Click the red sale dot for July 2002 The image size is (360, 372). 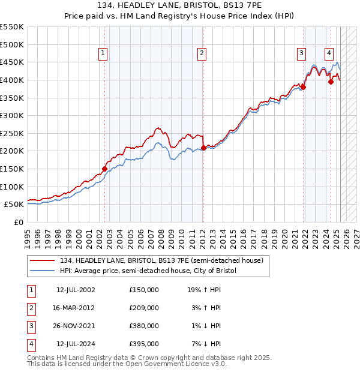pyautogui.click(x=104, y=169)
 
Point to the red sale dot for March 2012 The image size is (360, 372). pyautogui.click(x=203, y=148)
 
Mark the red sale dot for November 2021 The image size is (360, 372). pyautogui.click(x=304, y=87)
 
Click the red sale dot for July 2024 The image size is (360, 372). pyautogui.click(x=331, y=82)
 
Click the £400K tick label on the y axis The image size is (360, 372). pyautogui.click(x=12, y=80)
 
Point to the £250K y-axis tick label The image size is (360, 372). pyautogui.click(x=12, y=133)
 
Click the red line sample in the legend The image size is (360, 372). pyautogui.click(x=43, y=260)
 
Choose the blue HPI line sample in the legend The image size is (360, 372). pyautogui.click(x=43, y=271)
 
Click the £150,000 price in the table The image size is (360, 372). pyautogui.click(x=144, y=290)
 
